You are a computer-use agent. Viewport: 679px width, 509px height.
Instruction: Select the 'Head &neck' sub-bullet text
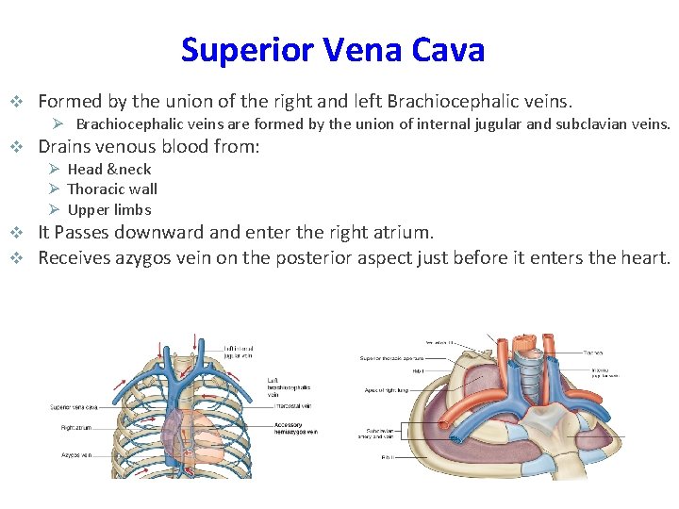click(109, 169)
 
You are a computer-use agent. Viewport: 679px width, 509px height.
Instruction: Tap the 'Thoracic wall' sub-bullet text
click(112, 189)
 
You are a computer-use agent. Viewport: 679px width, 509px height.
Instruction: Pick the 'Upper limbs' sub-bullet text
click(109, 209)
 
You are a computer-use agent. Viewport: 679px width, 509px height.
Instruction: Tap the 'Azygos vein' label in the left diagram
click(75, 454)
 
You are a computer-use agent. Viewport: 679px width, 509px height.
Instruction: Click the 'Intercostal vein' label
click(294, 406)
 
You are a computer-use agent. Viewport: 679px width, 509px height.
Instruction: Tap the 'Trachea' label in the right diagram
click(593, 352)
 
